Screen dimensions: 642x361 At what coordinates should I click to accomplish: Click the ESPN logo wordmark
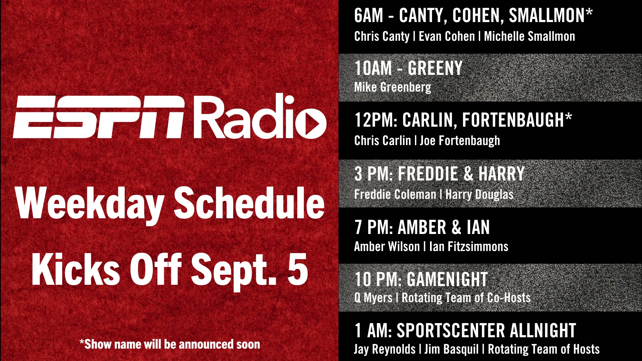(99, 117)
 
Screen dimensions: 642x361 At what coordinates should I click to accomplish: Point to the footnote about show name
(170, 344)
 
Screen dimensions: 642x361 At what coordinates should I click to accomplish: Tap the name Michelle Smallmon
(530, 36)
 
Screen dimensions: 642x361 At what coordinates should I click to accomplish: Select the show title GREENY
(435, 68)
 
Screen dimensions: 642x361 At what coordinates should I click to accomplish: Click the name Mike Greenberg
(393, 88)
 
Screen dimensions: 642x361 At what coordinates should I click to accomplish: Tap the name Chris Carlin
(383, 141)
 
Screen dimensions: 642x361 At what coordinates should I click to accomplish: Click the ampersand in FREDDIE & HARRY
(468, 173)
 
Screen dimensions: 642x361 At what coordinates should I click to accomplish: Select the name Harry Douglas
(479, 195)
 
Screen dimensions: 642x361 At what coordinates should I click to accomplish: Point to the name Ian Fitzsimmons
(469, 247)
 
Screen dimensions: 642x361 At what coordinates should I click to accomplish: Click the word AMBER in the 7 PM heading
(422, 228)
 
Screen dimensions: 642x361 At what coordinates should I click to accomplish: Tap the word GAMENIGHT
(447, 279)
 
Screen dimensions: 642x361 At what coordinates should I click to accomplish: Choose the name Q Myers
(373, 298)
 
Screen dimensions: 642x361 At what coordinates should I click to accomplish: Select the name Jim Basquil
(451, 349)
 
